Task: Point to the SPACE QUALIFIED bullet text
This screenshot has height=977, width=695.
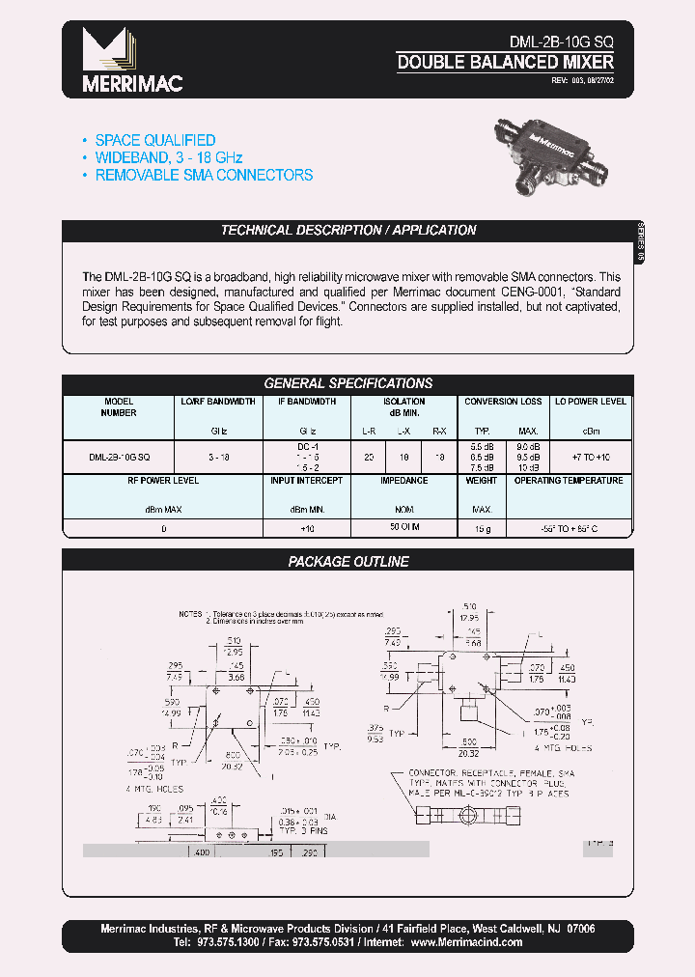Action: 154,140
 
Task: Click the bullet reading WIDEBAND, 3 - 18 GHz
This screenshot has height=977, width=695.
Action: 168,157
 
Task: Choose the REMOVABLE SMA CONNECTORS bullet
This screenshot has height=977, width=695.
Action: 204,175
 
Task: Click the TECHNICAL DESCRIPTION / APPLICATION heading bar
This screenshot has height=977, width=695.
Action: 348,231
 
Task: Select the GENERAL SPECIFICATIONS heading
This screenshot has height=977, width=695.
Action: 348,383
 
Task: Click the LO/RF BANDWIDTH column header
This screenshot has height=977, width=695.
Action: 218,402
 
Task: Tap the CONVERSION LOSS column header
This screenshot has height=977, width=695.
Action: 503,402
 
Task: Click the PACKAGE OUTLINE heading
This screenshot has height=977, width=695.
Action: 348,561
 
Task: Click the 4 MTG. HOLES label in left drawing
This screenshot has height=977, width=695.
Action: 154,790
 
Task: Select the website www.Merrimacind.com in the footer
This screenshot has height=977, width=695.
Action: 465,942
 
